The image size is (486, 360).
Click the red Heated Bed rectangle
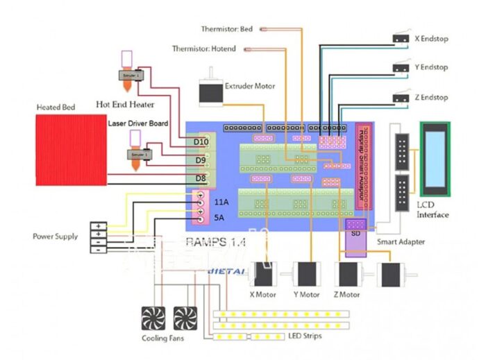coord(71,151)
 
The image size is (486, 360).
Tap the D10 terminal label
coord(201,142)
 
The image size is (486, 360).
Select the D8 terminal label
coord(200,179)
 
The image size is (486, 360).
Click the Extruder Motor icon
coord(210,91)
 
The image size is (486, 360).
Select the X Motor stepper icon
coord(263,275)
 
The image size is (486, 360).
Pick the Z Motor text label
coord(347,295)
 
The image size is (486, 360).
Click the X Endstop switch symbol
coord(399,38)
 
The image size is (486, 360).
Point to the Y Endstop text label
coord(431,67)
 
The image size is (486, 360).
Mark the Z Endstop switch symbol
coord(399,96)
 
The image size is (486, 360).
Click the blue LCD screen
coord(434,159)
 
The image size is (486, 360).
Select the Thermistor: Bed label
coord(227,29)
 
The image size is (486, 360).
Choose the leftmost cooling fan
coord(152,318)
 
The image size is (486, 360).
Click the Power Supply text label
coord(56,236)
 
